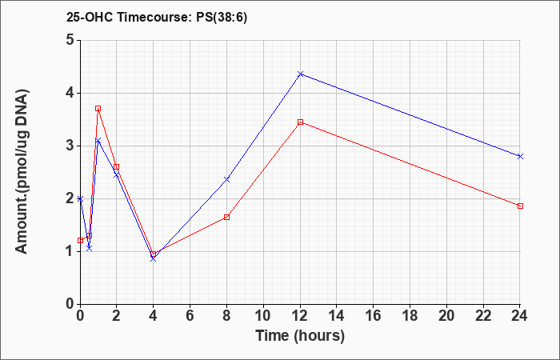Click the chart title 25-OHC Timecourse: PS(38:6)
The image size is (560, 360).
157,18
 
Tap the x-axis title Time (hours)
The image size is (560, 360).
300,336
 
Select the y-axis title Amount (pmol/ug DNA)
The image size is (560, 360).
22,171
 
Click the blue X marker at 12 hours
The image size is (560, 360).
300,74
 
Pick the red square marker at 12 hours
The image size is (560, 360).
300,122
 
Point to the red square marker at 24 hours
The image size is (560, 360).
520,206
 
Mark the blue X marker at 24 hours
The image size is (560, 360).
520,157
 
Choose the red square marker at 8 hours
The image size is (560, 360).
226,217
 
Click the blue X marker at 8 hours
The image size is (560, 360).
226,179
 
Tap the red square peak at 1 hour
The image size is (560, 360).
98,108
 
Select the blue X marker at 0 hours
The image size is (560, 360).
80,198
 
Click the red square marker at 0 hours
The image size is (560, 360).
80,240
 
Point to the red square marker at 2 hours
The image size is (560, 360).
116,166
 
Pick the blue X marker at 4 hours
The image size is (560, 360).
154,258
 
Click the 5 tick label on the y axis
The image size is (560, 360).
70,40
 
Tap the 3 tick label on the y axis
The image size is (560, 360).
70,146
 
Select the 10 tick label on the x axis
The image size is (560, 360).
263,316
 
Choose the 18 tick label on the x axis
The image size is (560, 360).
410,316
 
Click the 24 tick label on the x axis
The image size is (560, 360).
519,316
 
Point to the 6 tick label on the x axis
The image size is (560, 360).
190,316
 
